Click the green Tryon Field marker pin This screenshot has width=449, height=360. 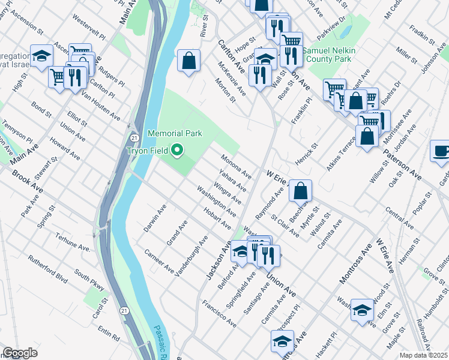[x=177, y=149]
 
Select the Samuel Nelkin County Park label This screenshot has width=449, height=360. [x=329, y=55]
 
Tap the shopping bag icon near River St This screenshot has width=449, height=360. [x=188, y=60]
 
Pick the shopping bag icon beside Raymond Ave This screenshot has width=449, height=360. [x=300, y=190]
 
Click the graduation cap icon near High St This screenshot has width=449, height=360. [x=42, y=56]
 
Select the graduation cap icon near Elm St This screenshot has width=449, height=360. [x=363, y=309]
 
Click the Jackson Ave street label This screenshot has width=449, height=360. [x=218, y=260]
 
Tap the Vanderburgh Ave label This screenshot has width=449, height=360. [x=191, y=256]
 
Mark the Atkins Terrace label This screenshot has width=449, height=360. [x=341, y=154]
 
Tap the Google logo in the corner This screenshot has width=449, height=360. [x=20, y=353]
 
